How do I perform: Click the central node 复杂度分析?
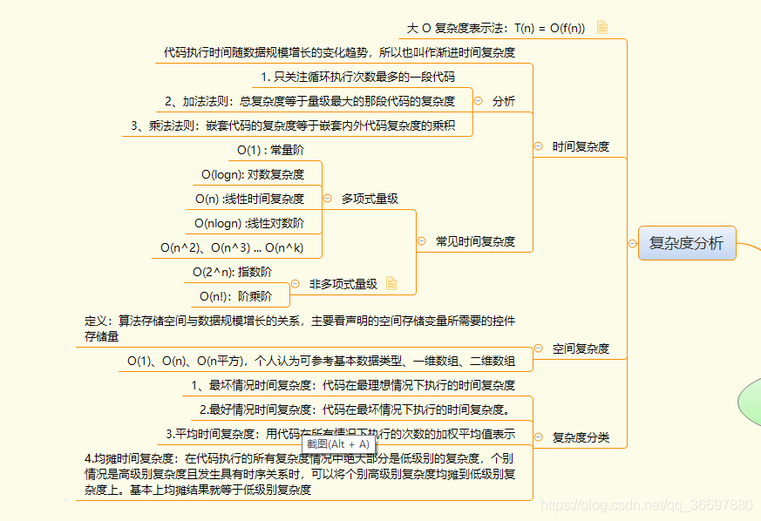coord(687,243)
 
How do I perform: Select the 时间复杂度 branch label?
coord(581,146)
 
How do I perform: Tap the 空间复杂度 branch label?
coord(581,348)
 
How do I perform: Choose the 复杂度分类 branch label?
coord(581,437)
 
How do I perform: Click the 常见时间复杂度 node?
coord(475,241)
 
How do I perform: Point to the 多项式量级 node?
coord(370,199)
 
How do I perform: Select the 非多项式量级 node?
coord(343,283)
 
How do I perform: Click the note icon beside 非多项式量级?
coord(391,283)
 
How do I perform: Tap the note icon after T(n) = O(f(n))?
coord(602,27)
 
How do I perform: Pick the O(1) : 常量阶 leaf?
coord(270,150)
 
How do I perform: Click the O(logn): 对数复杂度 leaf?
coord(253,174)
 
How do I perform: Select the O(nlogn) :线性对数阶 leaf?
coord(249,223)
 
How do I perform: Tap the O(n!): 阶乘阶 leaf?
coord(235,296)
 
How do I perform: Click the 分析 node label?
coord(504,101)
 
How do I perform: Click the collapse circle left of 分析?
coord(479,101)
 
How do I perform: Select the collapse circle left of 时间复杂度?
coord(538,146)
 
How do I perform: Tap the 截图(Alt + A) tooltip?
coord(338,443)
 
